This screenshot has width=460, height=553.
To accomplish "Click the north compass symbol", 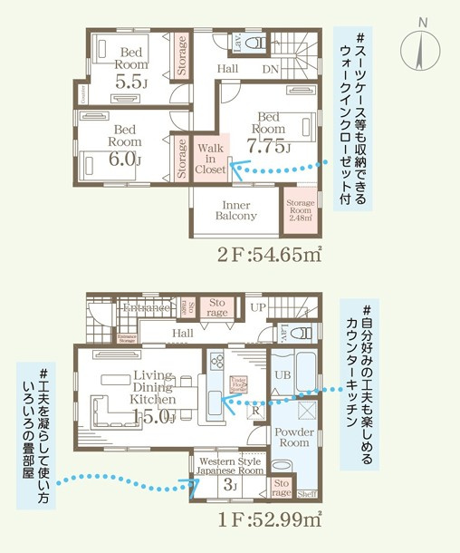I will pyautogui.click(x=421, y=46).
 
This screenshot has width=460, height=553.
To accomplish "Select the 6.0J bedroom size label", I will pyautogui.click(x=125, y=159).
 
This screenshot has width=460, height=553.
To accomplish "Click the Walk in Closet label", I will pyautogui.click(x=211, y=157).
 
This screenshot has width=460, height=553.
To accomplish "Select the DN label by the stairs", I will pyautogui.click(x=270, y=69).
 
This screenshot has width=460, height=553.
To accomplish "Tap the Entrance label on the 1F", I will pyautogui.click(x=148, y=309).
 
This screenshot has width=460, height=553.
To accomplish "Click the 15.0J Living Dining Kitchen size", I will pyautogui.click(x=153, y=415).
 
